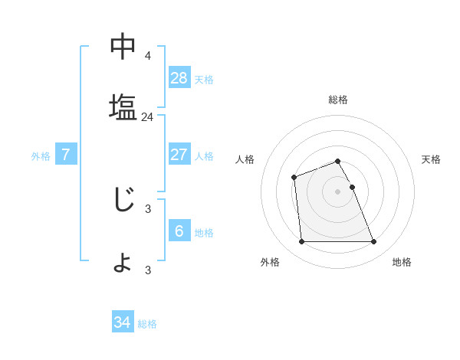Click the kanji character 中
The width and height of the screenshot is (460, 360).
123,47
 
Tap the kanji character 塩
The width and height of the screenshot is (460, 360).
123,106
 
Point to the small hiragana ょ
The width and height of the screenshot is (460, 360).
123,263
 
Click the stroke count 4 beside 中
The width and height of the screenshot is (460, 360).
148,56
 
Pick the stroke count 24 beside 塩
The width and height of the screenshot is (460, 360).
148,117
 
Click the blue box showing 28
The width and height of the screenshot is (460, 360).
179,78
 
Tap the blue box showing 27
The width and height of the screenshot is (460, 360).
179,155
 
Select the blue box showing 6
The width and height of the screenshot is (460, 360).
179,231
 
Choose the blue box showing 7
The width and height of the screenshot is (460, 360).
66,155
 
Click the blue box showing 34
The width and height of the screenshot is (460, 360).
123,322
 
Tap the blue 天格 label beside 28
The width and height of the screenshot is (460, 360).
204,80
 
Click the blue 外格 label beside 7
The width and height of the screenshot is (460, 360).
41,156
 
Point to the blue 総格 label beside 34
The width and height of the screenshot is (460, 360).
147,324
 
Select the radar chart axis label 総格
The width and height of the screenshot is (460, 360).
338,100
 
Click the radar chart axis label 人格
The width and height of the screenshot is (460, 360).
245,159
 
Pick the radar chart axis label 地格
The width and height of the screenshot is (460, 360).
402,262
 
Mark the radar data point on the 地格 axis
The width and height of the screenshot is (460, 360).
373,242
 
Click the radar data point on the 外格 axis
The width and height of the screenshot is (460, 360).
301,242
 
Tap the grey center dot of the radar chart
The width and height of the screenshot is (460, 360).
337,191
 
